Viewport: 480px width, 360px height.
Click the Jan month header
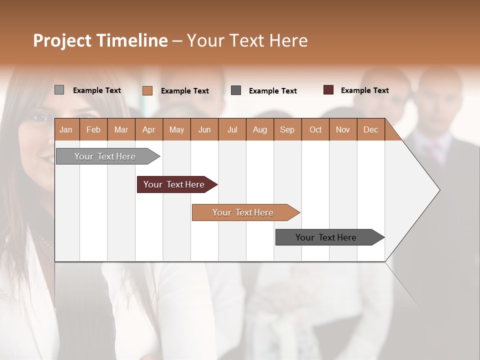66,129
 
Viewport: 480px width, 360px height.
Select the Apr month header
148,129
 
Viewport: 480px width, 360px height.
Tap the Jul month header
232,129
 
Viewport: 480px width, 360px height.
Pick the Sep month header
287,129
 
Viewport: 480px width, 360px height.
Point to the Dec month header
370,129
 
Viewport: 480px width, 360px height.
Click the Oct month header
315,129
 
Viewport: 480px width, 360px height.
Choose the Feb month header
93,129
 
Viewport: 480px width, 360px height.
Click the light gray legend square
59,90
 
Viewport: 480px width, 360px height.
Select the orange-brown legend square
147,90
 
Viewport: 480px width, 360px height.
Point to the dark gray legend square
236,90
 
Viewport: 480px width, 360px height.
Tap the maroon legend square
328,90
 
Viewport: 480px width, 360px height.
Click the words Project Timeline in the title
100,40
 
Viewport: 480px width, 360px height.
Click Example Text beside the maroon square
364,90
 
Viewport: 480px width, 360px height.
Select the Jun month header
204,129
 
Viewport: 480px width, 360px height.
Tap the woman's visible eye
39,118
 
